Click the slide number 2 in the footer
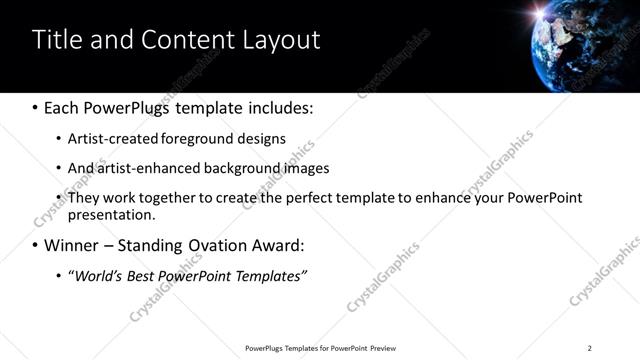[x=589, y=348]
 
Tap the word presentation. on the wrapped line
[x=112, y=214]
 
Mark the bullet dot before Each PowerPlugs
[x=35, y=107]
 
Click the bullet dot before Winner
[x=35, y=245]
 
